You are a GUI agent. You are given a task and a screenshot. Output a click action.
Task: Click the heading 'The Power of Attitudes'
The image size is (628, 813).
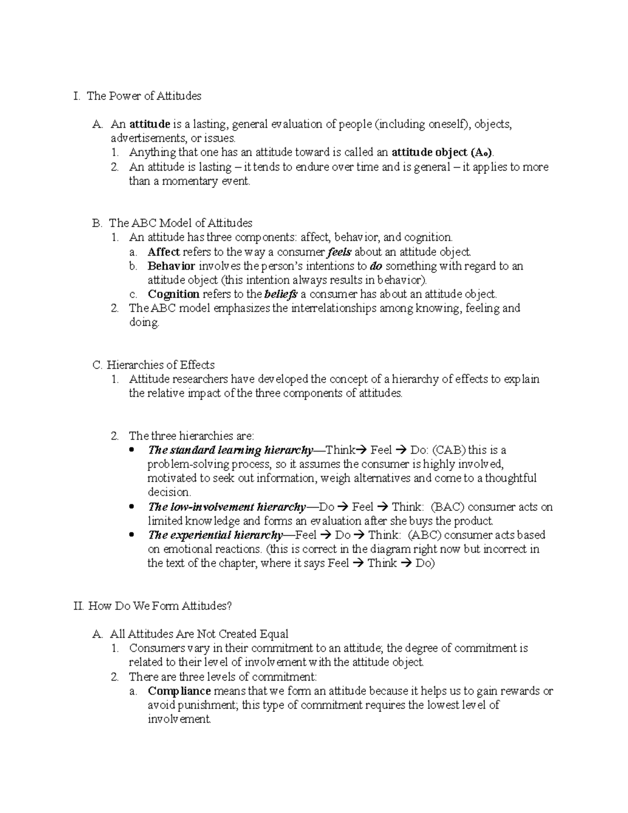[x=144, y=96]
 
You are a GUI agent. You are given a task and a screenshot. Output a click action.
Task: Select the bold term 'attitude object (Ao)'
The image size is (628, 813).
[x=442, y=153]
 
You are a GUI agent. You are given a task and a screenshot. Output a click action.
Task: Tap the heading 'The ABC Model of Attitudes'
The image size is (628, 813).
[x=181, y=223]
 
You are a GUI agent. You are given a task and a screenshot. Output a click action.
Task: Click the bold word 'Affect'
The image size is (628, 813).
[x=164, y=252]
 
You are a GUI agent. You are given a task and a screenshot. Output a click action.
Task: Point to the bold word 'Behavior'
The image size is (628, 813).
[x=171, y=266]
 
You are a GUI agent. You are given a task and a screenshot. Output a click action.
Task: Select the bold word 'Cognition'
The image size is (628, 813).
[x=174, y=294]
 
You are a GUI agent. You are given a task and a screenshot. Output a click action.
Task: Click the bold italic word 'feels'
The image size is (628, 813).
[x=339, y=252]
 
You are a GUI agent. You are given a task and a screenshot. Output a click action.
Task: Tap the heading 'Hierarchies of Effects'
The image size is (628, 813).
[x=161, y=365]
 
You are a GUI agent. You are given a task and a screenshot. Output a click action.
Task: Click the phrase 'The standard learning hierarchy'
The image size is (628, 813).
[x=230, y=450]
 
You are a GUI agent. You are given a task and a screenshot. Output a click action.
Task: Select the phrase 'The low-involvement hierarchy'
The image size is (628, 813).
[x=227, y=507]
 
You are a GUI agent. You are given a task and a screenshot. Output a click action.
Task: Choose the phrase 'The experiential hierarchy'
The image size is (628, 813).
[x=215, y=535]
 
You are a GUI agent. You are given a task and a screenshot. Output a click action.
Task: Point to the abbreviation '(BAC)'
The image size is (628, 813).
[x=448, y=507]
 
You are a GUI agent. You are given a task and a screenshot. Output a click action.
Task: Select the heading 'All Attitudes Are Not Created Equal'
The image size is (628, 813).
[x=199, y=634]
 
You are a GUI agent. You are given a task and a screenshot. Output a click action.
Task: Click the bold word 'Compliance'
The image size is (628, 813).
[x=179, y=691]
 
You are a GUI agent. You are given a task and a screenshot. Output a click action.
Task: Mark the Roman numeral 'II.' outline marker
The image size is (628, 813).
[x=80, y=606]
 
